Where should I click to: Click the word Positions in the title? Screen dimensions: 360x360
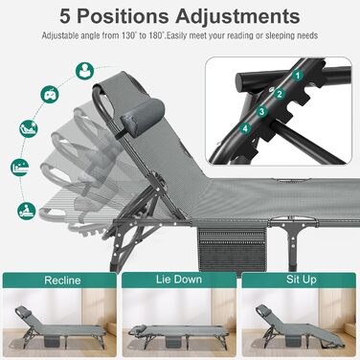(123, 16)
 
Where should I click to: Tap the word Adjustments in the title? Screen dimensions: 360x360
(237, 16)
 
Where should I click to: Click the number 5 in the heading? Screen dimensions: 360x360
(65, 16)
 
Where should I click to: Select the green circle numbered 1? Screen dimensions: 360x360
(298, 76)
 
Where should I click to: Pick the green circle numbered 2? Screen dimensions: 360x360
(280, 94)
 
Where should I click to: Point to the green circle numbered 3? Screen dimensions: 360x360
(262, 111)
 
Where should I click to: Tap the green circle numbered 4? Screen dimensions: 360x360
(245, 128)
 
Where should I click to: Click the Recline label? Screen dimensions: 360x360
(62, 281)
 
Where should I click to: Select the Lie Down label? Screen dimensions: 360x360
(179, 280)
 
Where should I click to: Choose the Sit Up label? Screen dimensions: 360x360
(301, 280)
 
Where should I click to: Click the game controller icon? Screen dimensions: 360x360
(50, 95)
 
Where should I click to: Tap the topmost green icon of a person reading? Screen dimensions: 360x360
(85, 71)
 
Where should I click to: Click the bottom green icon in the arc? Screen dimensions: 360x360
(27, 211)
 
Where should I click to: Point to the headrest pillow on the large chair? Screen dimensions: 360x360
(144, 117)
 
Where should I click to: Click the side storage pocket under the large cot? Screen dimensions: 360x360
(232, 249)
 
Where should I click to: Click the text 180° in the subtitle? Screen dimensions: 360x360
(156, 35)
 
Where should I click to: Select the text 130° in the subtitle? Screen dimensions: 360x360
(130, 35)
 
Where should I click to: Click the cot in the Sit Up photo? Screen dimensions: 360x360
(300, 328)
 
